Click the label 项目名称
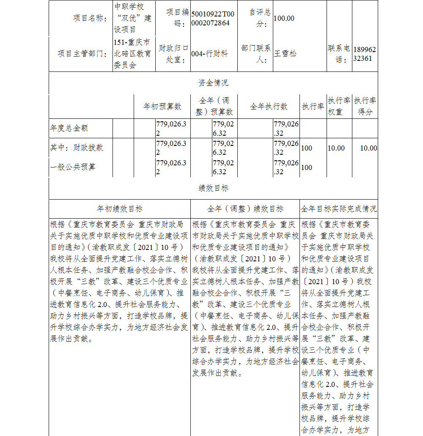pos(90,18)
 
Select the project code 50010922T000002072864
pos(212,18)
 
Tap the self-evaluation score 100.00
pos(284,18)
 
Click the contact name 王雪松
pos(286,54)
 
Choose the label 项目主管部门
pos(82,54)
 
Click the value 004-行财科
pos(209,54)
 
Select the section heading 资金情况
pos(213,83)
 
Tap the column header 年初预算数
pos(162,106)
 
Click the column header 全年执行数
pos(269,106)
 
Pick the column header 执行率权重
pos(339,106)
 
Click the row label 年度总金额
pos(69,128)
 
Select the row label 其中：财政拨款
pos(77,148)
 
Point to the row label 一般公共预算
pos(73,167)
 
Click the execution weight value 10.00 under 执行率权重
pos(336,148)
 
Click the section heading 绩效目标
pos(213,188)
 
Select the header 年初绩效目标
pos(120,209)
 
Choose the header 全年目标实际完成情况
pos(339,209)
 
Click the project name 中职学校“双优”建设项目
pos(133,18)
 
